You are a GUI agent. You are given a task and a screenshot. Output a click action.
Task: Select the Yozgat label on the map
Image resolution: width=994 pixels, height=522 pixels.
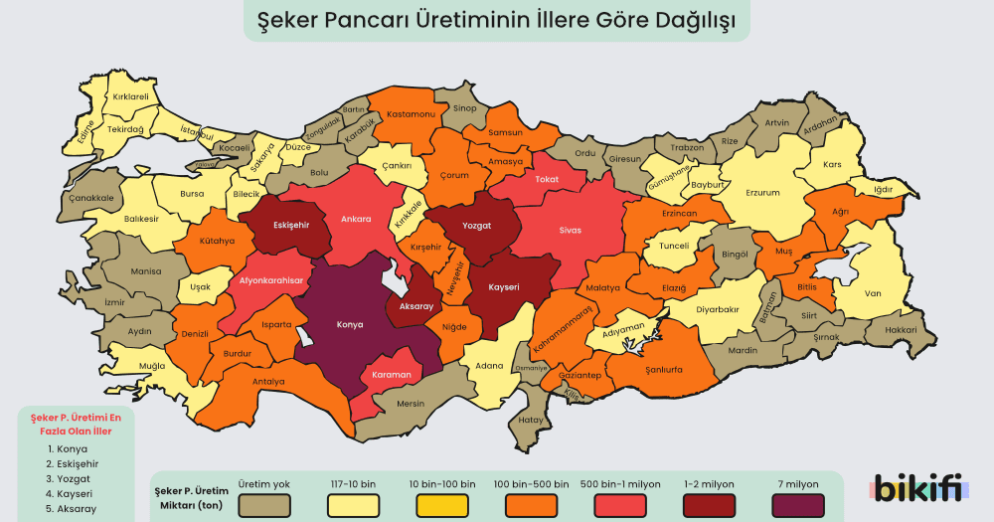477,226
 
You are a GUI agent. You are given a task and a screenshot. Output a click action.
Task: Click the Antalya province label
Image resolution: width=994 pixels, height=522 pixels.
268,381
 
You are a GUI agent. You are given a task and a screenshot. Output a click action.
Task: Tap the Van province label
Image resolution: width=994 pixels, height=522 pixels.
873,293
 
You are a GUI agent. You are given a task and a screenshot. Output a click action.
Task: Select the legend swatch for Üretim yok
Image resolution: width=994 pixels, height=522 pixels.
264,504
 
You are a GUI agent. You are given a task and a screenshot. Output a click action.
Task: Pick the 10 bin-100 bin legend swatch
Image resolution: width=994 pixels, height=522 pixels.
441,504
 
